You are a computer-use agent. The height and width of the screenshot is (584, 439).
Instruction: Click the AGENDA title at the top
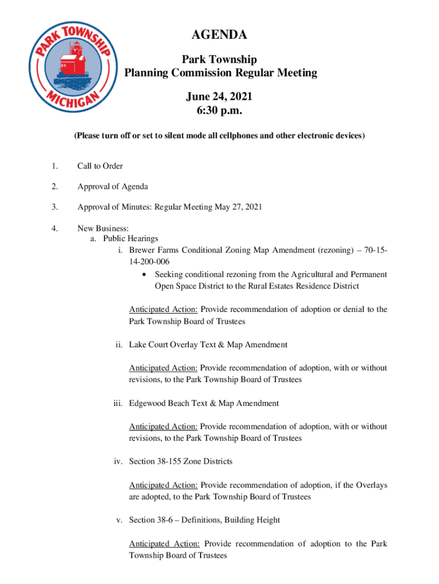[219, 35]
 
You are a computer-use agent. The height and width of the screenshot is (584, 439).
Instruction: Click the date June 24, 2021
[220, 98]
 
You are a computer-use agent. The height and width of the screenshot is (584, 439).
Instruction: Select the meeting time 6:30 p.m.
[220, 111]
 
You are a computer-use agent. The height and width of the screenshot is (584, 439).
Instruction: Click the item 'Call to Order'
[100, 166]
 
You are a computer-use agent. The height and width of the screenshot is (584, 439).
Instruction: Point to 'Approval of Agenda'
[112, 186]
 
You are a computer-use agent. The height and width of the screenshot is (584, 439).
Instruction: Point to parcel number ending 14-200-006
[149, 262]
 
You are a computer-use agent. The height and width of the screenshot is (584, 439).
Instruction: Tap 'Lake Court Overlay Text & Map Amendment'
[208, 344]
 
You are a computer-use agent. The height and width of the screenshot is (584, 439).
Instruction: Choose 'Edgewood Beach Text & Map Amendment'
[204, 403]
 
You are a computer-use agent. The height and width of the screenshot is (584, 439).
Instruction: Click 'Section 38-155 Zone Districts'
[181, 461]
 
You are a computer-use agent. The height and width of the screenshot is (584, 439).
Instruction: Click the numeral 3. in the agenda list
[54, 207]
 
